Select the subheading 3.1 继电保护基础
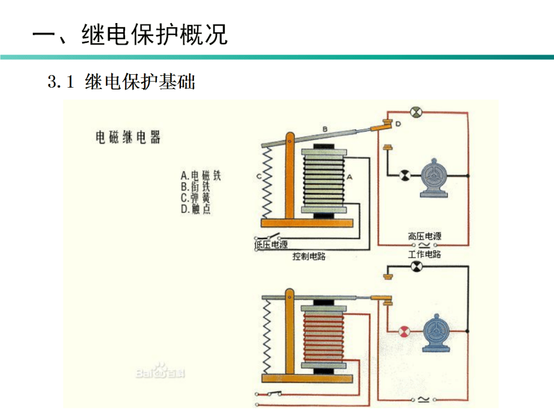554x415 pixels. point(122,82)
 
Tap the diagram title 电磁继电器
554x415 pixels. point(128,137)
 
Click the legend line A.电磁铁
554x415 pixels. point(201,176)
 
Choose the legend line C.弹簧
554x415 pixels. point(195,198)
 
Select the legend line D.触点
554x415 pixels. point(195,209)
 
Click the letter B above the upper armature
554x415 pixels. point(324,128)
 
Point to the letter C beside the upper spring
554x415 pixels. point(259,176)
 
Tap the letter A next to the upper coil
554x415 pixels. point(350,177)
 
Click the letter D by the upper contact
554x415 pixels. point(398,124)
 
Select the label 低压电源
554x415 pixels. point(271,245)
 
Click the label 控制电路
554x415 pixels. point(309,256)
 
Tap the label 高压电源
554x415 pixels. point(424,236)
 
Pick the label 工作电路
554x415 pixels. point(424,254)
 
